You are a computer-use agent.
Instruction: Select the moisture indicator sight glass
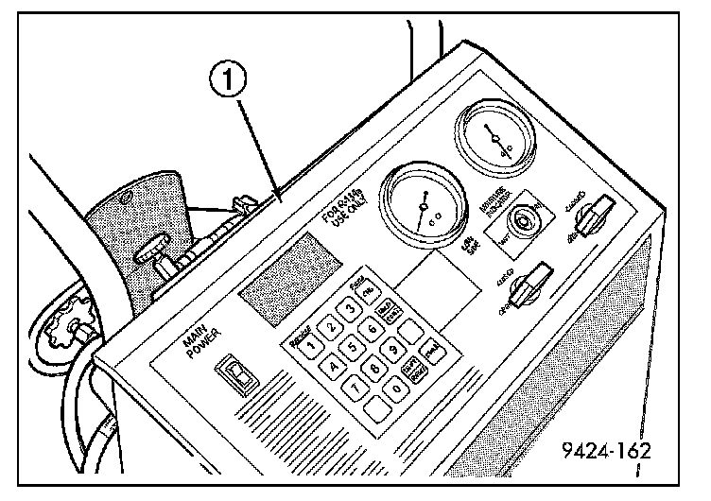(520, 221)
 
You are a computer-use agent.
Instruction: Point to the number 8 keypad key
(376, 368)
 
